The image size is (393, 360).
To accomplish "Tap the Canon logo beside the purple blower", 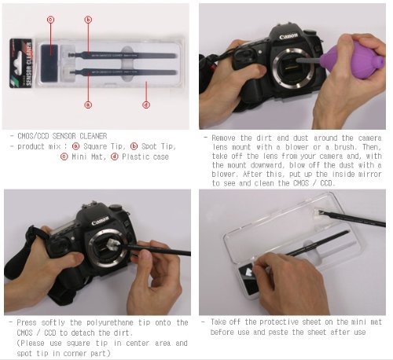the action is (288, 36).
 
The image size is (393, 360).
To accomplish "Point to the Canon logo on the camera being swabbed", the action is (100, 221).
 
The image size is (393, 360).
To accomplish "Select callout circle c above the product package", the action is (50, 20).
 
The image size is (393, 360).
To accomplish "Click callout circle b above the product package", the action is (88, 20).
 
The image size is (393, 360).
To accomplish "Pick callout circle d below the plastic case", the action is (146, 105).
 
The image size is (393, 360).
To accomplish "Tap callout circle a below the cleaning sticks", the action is (88, 105).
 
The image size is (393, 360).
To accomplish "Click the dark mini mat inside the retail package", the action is (50, 63).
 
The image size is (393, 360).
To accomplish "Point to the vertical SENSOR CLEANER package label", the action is (28, 64).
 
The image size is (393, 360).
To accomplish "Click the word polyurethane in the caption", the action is (110, 323).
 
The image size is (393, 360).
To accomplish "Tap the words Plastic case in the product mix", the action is (145, 156).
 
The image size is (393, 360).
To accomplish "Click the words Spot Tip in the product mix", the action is (159, 146).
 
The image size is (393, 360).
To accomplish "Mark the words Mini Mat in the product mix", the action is (89, 156).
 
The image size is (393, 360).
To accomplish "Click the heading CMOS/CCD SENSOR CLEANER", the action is (62, 136).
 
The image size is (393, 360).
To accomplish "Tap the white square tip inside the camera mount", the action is (113, 245).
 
